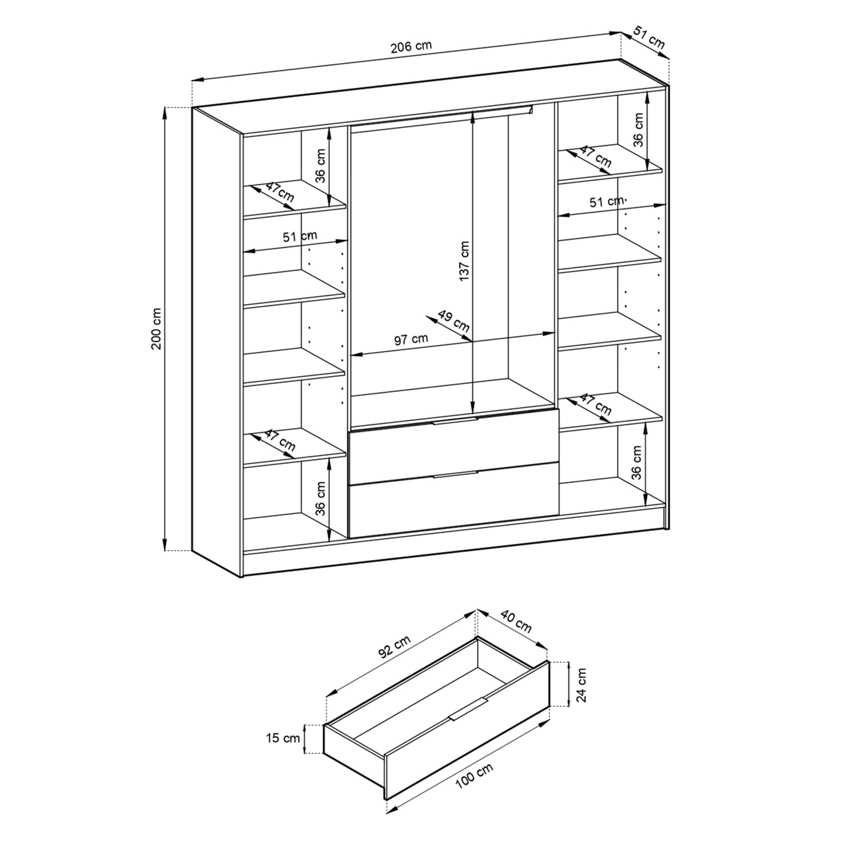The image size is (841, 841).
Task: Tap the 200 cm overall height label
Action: click(157, 328)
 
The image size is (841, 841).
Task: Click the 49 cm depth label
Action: click(453, 321)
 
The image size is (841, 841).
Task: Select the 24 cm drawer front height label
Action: click(581, 684)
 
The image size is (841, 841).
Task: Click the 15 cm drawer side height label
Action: click(283, 738)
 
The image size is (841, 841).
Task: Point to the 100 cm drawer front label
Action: click(474, 782)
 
